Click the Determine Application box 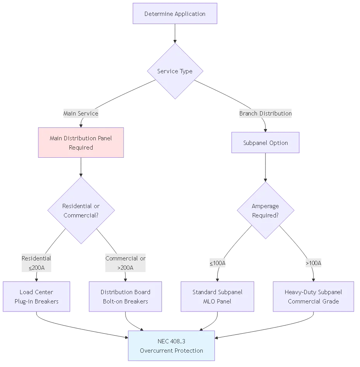(175, 14)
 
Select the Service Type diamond (175, 71)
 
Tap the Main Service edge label (81, 114)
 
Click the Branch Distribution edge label (265, 114)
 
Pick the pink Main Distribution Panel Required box (81, 143)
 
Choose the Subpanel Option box (265, 143)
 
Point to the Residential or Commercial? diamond (81, 210)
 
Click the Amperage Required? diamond (265, 210)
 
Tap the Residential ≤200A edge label (36, 263)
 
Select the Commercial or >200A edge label (125, 263)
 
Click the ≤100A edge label (217, 263)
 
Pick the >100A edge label (313, 263)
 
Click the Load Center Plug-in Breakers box (36, 296)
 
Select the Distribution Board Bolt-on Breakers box (125, 296)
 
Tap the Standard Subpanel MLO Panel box (217, 296)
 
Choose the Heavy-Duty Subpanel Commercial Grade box (313, 296)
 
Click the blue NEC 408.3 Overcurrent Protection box (171, 346)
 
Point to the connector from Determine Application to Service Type (175, 34)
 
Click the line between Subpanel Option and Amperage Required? (265, 167)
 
